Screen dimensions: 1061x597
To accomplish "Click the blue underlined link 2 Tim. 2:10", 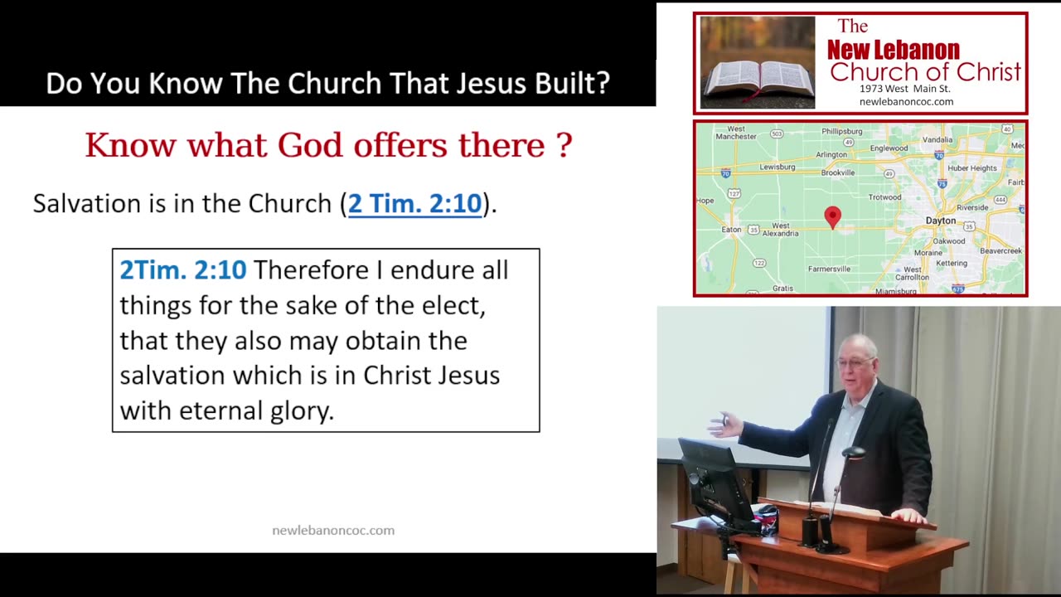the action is click(415, 204).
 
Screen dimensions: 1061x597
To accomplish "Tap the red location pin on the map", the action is click(833, 217).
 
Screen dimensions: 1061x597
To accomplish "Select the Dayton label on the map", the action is click(941, 221).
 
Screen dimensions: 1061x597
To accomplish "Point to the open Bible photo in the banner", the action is click(758, 62).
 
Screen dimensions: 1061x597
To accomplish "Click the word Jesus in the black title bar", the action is click(492, 84).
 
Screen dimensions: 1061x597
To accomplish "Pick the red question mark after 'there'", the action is click(564, 144).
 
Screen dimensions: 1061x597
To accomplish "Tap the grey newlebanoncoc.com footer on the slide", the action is click(333, 531).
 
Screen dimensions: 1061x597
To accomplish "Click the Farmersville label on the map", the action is click(829, 269).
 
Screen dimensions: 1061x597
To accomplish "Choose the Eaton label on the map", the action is click(731, 230).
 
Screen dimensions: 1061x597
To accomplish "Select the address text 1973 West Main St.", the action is click(904, 89).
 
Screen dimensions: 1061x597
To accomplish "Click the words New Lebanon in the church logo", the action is click(894, 50).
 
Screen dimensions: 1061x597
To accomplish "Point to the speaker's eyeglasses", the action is click(855, 363).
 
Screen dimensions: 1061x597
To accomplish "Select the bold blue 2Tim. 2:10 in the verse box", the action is click(183, 270).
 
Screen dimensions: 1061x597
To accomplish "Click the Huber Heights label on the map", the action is click(972, 168).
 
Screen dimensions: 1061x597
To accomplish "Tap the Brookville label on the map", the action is click(838, 173).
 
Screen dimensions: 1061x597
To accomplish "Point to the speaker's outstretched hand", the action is click(724, 424).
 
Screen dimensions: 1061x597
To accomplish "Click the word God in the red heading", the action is click(310, 145).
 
